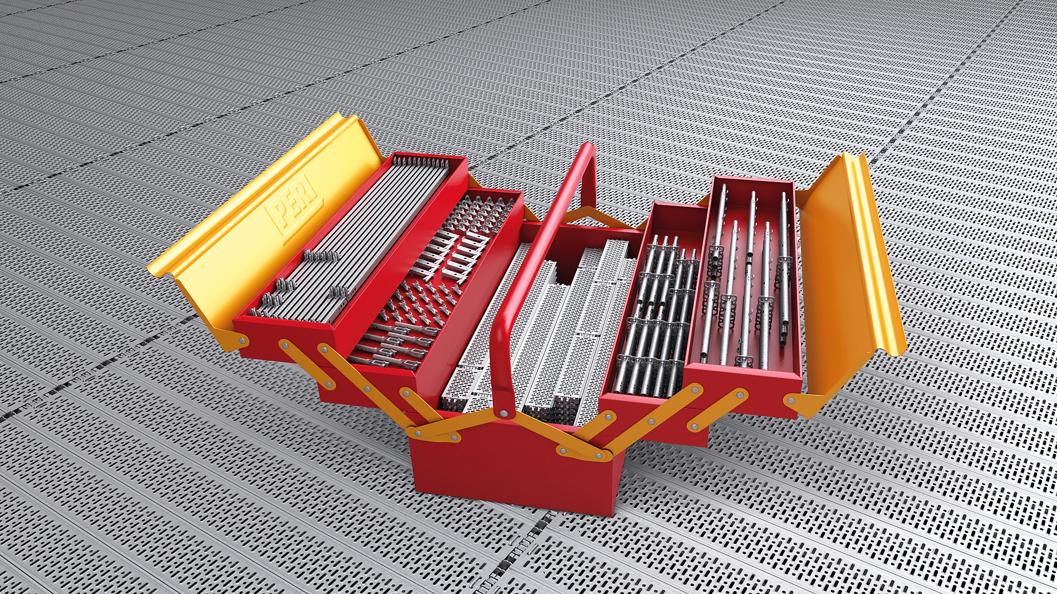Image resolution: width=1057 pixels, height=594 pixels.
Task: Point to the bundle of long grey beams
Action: pyautogui.click(x=352, y=237)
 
